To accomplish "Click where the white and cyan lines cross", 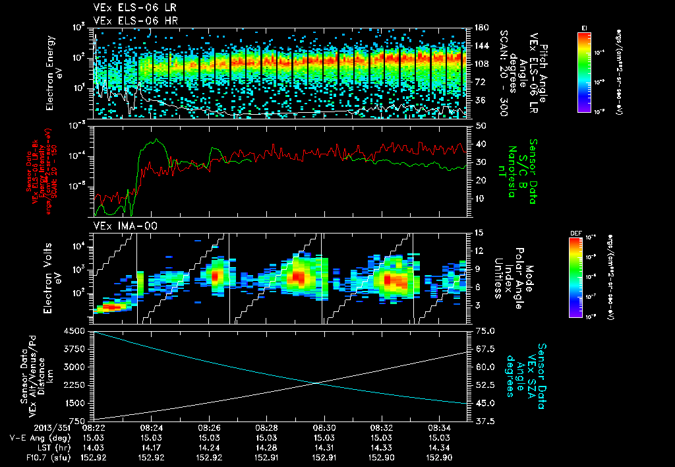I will coord(314,383).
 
